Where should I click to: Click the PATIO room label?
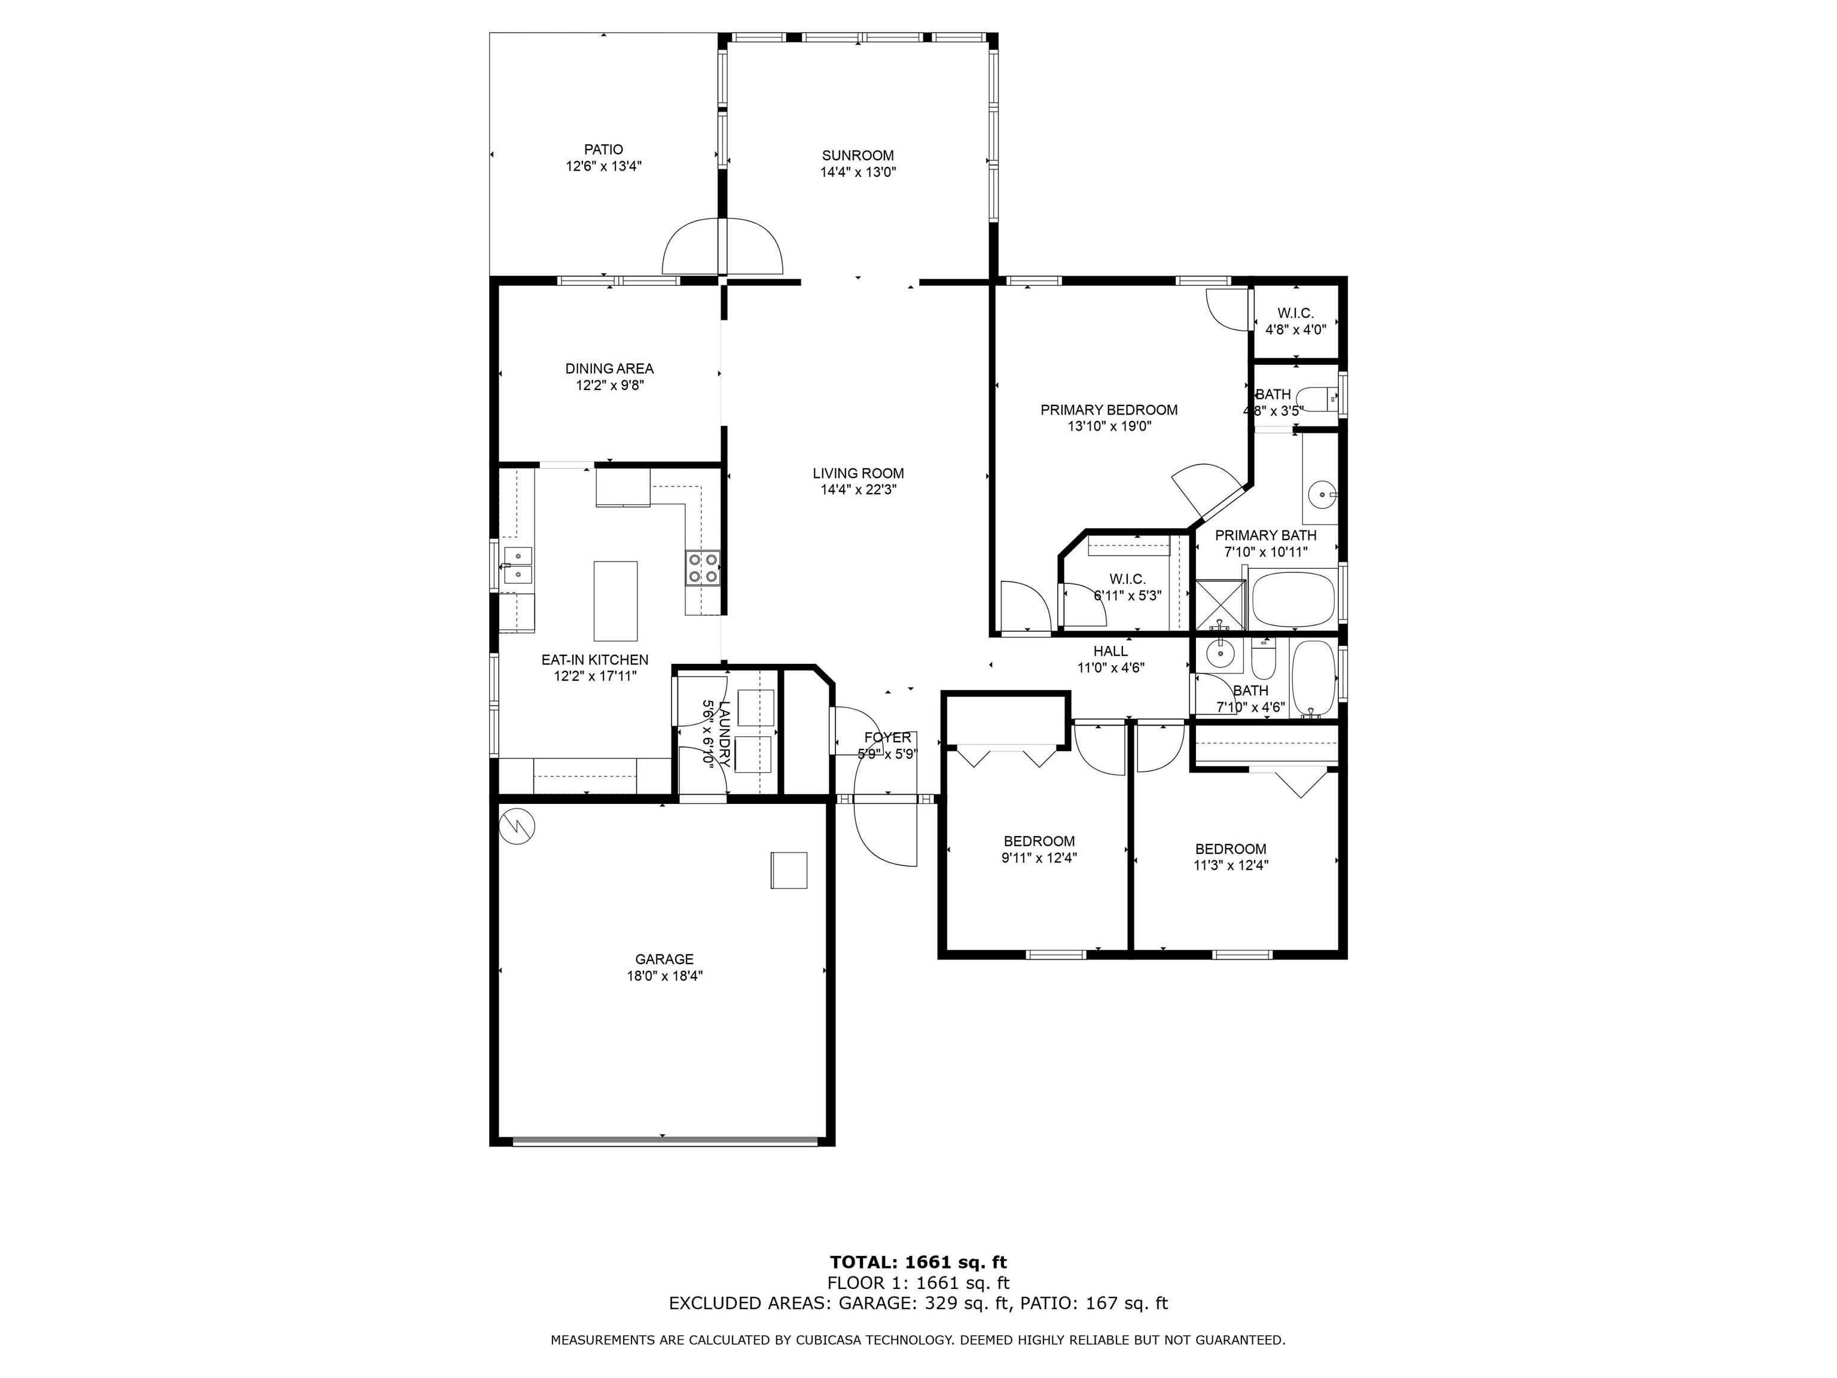pos(604,150)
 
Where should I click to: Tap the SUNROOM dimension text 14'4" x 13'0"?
pos(858,172)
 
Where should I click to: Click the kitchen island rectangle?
pos(615,600)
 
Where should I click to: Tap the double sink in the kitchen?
pos(517,564)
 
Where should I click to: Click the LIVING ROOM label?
pos(858,474)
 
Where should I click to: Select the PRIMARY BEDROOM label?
pos(1109,410)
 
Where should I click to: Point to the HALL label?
pos(1110,651)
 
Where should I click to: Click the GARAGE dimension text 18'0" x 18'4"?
pos(664,976)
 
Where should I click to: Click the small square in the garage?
pos(789,870)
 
